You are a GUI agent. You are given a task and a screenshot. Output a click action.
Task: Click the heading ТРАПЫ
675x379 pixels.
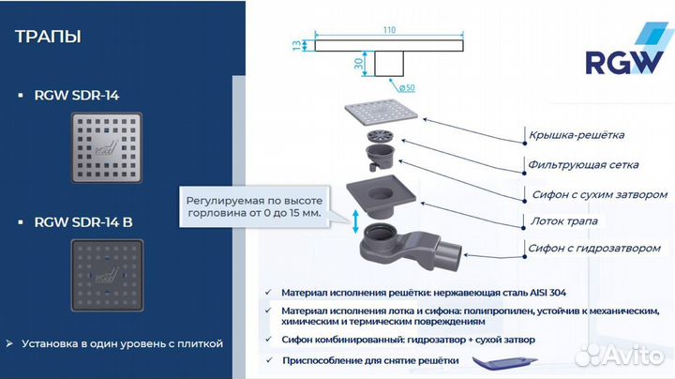pyautogui.click(x=49, y=38)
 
